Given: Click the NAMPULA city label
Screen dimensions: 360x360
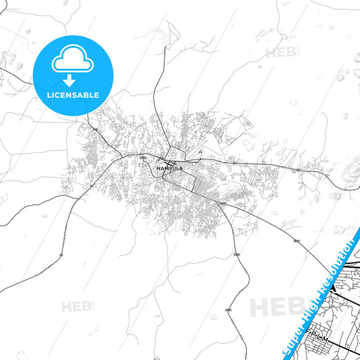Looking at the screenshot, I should [169, 168].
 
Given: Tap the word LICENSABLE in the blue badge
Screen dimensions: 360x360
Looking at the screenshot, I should [72, 95].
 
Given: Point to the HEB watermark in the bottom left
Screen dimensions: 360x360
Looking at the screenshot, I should [75, 307].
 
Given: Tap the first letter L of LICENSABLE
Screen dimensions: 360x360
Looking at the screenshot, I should [49, 95].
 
